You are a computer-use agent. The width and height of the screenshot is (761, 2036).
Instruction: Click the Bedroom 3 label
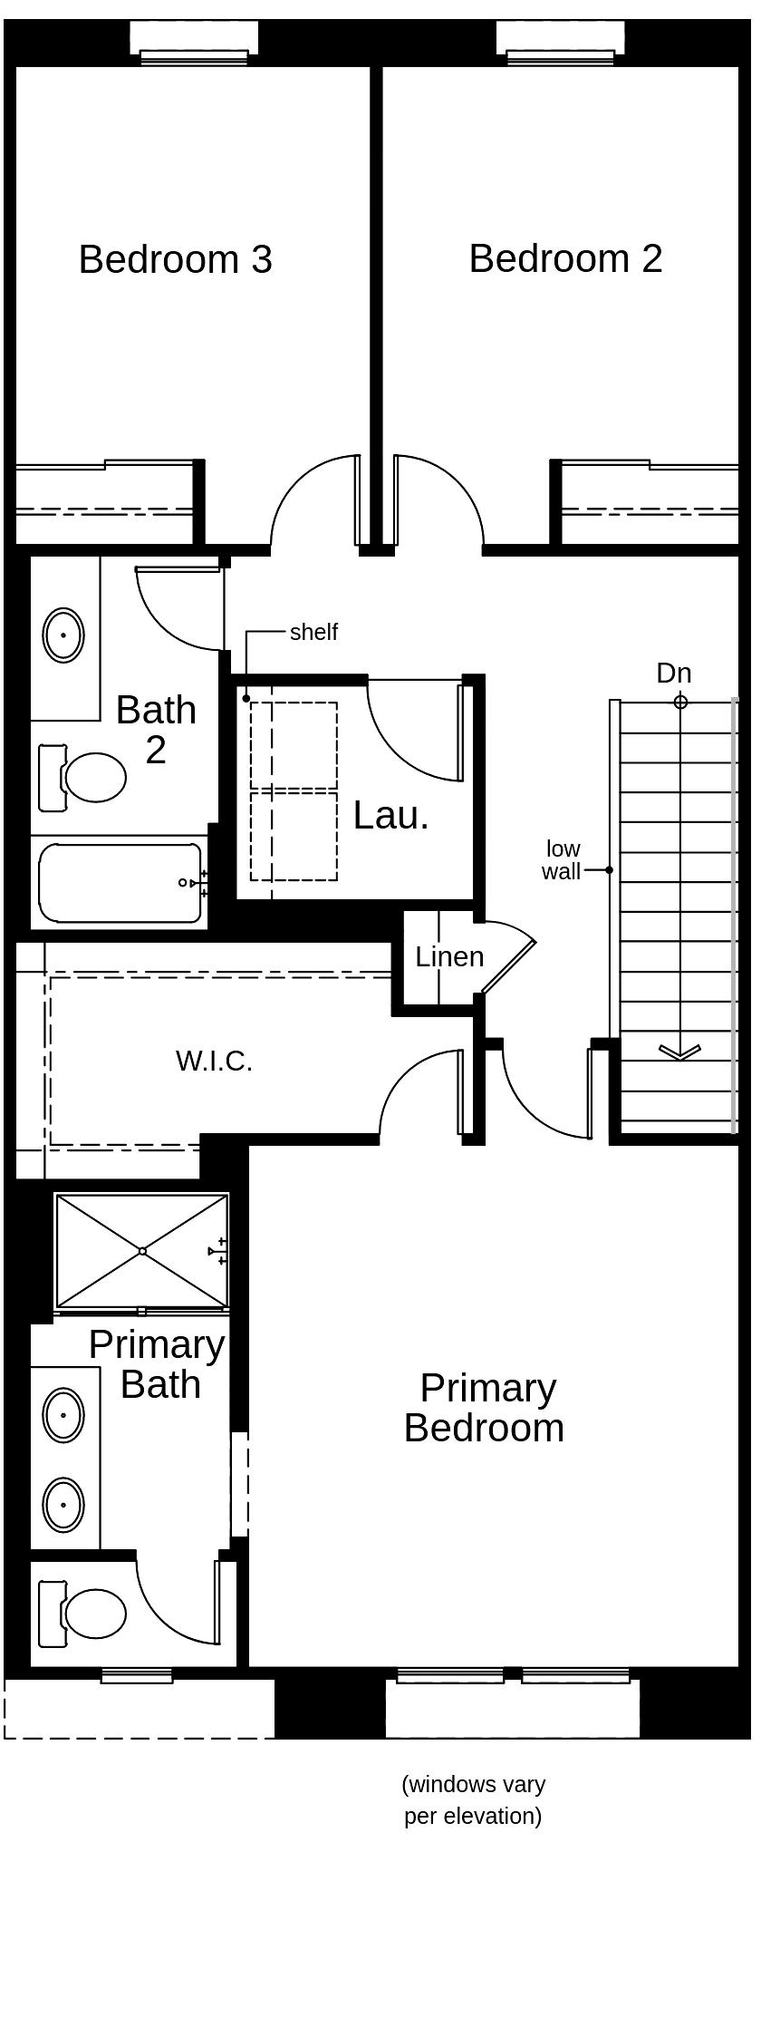click(175, 259)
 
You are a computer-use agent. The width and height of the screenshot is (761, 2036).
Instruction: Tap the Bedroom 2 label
click(565, 258)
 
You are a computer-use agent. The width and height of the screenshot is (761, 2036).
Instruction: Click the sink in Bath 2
click(63, 635)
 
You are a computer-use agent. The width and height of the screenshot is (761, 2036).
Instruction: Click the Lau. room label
click(390, 816)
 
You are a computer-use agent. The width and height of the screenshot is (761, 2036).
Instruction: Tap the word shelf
click(313, 632)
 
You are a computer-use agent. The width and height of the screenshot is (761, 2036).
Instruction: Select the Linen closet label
click(449, 956)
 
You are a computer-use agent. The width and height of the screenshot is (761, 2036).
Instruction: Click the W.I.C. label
click(214, 1061)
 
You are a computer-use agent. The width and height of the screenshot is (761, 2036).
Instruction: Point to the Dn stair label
click(674, 673)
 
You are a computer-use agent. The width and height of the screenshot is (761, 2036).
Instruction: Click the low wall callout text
click(562, 860)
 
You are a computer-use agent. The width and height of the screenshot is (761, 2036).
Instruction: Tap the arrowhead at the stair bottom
click(679, 1052)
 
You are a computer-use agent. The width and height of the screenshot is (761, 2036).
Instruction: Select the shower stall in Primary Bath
click(142, 1251)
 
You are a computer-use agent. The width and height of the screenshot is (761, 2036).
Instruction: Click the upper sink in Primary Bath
click(63, 1414)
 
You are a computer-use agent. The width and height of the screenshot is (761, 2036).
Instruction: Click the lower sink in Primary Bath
click(63, 1504)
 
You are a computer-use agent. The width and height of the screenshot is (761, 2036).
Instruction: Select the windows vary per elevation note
click(473, 1799)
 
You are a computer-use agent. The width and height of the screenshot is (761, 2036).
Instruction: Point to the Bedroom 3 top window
click(194, 56)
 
